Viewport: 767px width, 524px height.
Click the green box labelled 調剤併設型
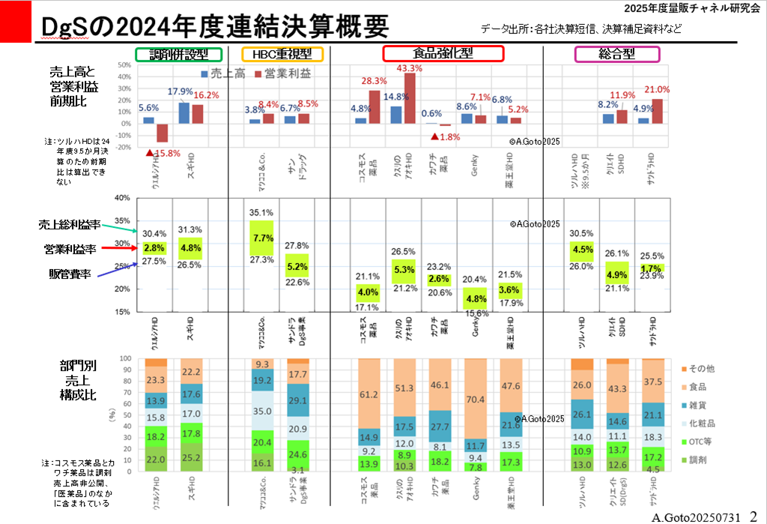179,54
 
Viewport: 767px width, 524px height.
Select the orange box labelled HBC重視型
282,54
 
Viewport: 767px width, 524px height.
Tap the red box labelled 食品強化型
443,53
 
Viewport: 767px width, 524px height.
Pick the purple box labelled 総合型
617,54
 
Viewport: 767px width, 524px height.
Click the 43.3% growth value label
409,67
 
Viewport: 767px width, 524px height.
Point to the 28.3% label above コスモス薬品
374,81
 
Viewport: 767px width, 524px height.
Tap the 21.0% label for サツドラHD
657,89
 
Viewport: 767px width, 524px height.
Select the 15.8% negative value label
164,153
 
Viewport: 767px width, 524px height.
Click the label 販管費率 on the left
66,274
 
